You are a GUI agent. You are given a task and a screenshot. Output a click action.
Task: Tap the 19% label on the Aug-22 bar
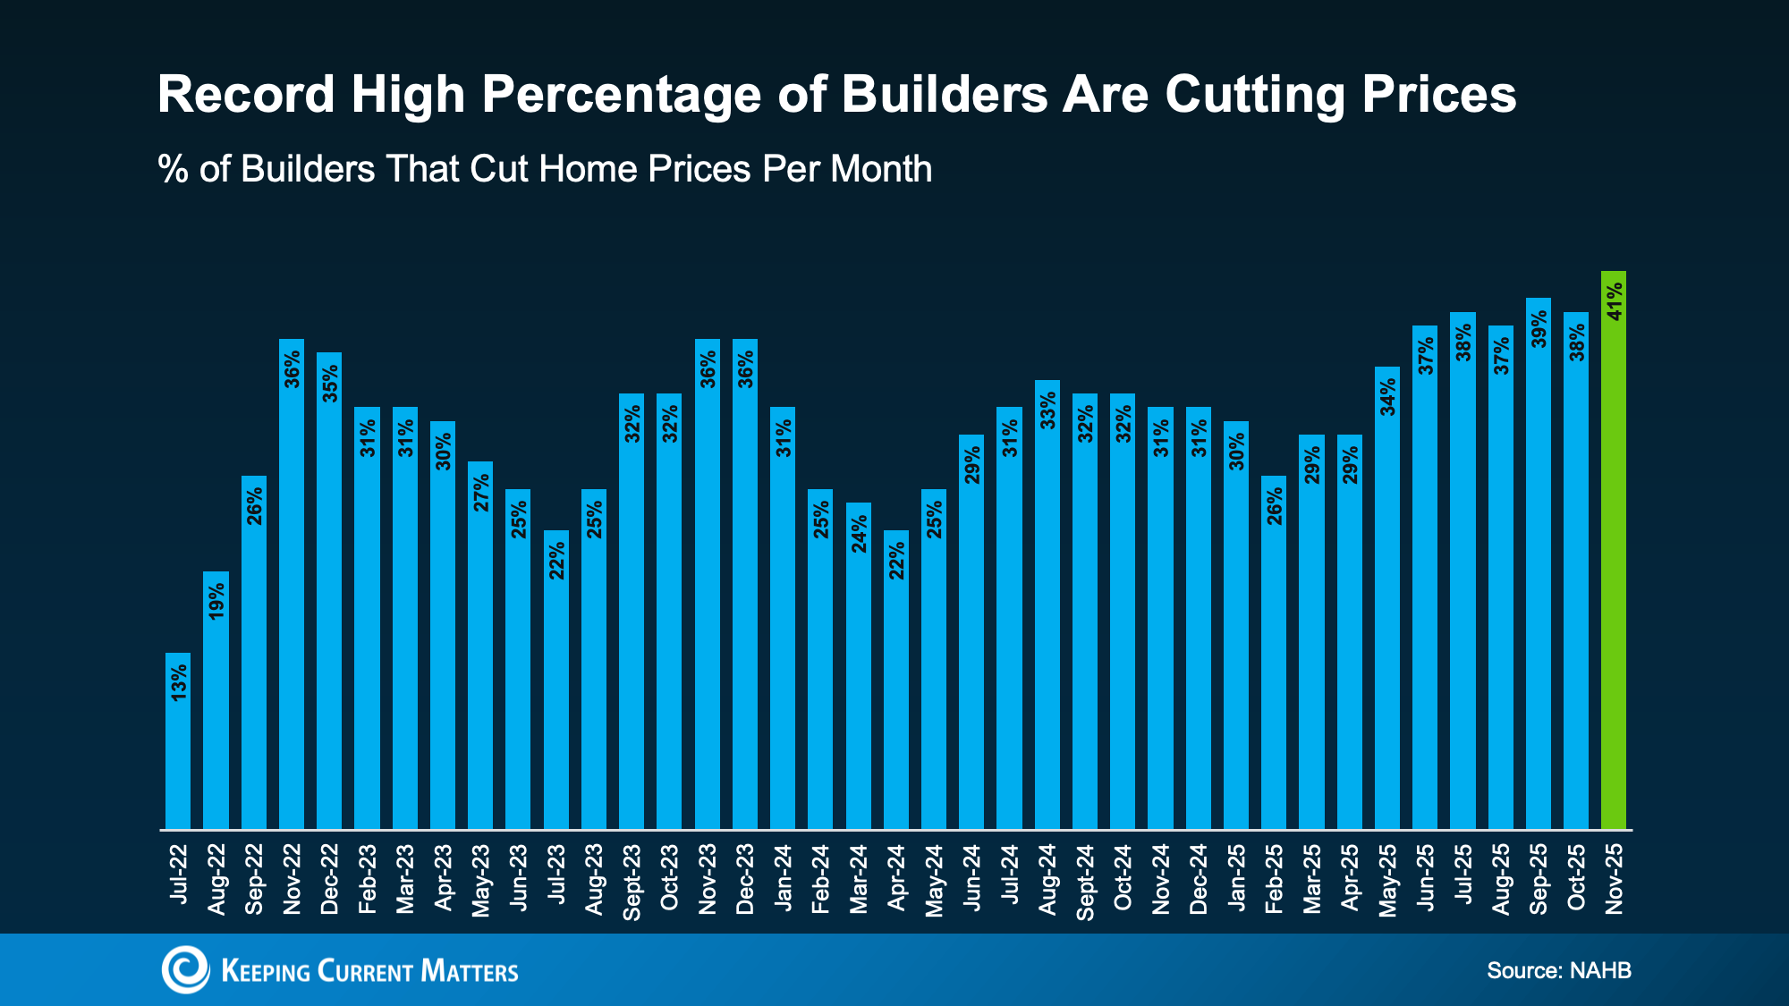(x=216, y=601)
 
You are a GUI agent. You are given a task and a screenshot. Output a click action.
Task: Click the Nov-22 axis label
(x=292, y=879)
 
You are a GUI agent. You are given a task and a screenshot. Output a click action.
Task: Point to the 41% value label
(x=1614, y=301)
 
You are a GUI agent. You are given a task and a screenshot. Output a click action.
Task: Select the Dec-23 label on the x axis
(x=745, y=879)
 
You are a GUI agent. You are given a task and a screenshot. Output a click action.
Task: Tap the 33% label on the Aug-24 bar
(x=1047, y=410)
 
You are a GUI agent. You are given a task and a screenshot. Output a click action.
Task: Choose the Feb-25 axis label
(x=1274, y=879)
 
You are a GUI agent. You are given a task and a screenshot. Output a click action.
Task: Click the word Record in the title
(x=246, y=94)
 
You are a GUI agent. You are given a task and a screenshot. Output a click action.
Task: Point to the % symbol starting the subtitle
(x=173, y=169)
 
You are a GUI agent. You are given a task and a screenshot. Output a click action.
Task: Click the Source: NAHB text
(x=1558, y=970)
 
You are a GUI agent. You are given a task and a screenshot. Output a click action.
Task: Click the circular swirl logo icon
(x=185, y=969)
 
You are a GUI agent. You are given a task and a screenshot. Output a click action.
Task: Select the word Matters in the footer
(x=469, y=971)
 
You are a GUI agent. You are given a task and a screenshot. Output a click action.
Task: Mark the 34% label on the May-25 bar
(x=1387, y=397)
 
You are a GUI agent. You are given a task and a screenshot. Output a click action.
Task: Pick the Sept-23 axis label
(x=632, y=882)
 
